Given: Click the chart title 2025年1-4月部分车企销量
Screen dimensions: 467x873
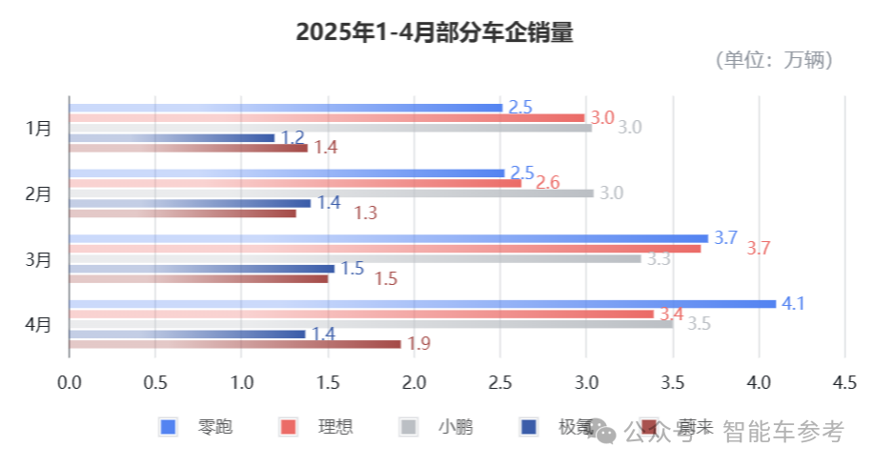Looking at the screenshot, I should [435, 32].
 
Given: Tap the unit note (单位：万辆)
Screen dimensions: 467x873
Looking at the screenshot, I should [775, 60].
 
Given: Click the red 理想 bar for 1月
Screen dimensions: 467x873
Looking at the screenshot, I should [327, 118].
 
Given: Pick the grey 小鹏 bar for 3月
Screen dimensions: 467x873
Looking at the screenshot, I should [355, 258].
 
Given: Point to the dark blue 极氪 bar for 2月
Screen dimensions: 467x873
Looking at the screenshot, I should [191, 203].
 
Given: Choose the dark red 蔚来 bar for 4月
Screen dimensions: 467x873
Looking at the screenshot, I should [234, 344].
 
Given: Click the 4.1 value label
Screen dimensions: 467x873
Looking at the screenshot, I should [793, 304].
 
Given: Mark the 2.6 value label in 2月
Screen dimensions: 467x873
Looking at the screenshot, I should [548, 182].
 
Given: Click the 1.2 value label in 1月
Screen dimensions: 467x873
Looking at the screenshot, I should [292, 137].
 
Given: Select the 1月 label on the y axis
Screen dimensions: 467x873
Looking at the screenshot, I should [39, 128].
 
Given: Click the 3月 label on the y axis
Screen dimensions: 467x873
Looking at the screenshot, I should [39, 259].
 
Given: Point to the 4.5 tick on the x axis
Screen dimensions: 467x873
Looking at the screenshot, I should [844, 382].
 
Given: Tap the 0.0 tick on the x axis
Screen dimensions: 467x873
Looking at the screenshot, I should [70, 382].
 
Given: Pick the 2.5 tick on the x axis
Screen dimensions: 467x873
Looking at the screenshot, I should [500, 382].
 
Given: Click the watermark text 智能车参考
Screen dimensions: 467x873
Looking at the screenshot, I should [783, 433].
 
